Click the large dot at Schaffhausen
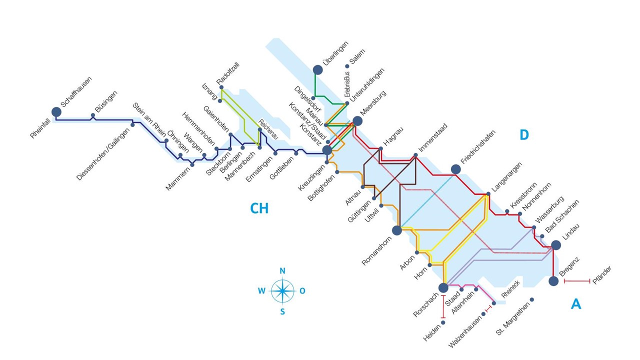[x=56, y=112]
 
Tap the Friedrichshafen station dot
[x=456, y=169]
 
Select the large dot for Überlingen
[x=317, y=69]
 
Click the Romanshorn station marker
[x=397, y=230]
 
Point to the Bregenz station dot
[x=553, y=281]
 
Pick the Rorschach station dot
[x=443, y=287]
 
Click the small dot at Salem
[x=347, y=66]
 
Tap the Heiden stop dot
[x=443, y=322]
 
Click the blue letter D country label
[x=524, y=134]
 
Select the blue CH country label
[x=259, y=208]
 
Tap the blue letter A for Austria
[x=576, y=304]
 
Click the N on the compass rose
[x=282, y=271]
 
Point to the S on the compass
[x=282, y=311]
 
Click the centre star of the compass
[x=282, y=291]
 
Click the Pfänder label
[x=601, y=275]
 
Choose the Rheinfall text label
[x=40, y=128]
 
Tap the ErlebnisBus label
[x=347, y=84]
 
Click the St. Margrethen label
[x=513, y=318]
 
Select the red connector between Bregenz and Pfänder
[x=577, y=281]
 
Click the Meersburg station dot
[x=357, y=121]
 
